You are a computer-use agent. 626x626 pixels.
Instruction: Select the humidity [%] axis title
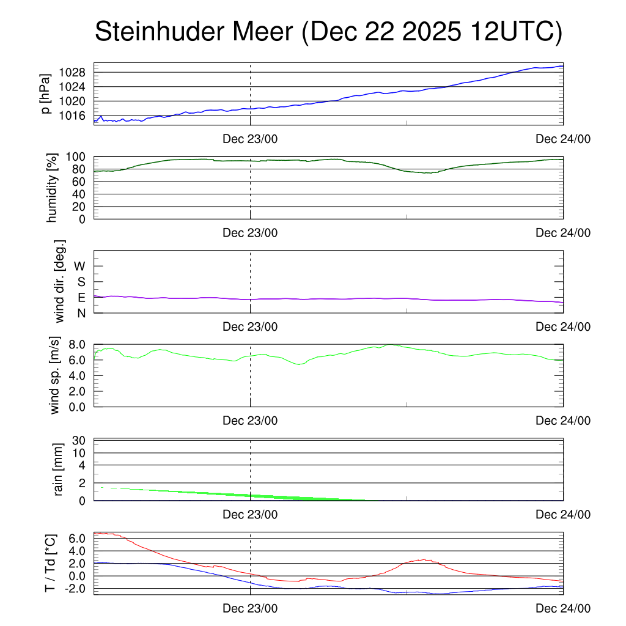point(53,188)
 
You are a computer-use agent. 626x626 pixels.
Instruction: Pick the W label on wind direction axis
point(79,266)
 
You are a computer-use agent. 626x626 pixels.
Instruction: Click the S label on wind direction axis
point(81,282)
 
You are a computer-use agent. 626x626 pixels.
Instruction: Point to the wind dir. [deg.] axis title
point(59,281)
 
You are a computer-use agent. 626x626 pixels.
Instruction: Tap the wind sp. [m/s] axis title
point(56,375)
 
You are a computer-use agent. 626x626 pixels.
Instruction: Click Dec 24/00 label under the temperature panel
point(563,608)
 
